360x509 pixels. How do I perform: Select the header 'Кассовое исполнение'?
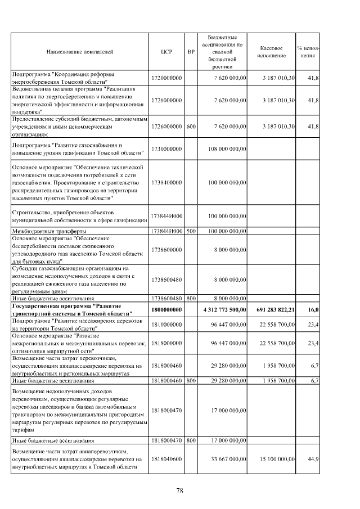[x=272, y=51]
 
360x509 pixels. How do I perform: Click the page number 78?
[x=180, y=491]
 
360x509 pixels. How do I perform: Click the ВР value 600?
[x=191, y=127]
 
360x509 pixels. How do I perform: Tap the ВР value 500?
[x=191, y=231]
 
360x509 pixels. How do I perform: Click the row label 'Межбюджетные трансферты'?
[x=50, y=231]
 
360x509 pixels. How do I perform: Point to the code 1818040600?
[x=166, y=460]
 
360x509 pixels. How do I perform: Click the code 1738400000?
[x=166, y=183]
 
